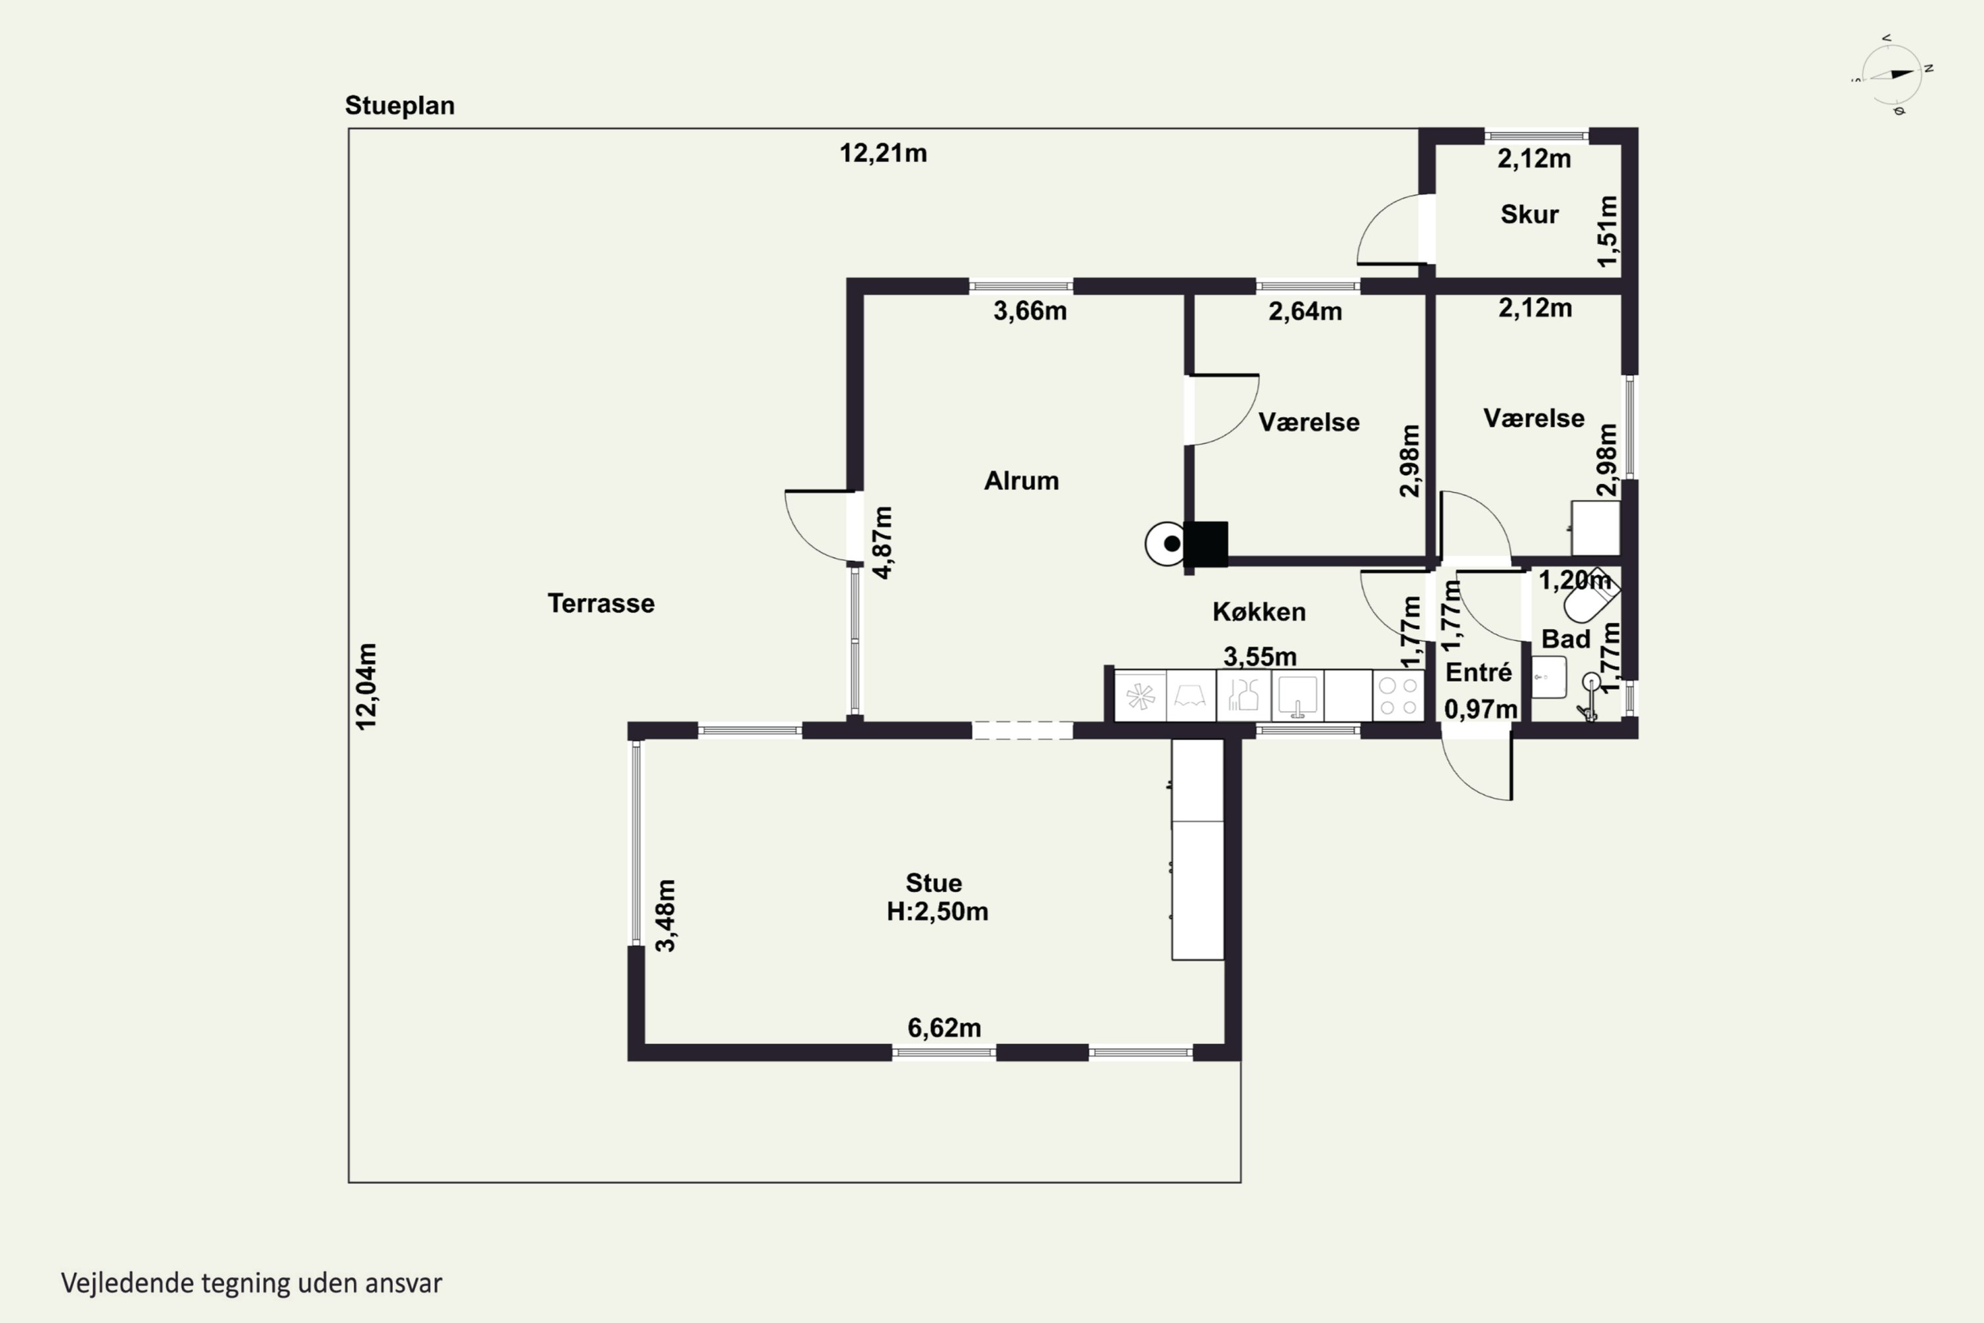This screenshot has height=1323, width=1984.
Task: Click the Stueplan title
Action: [400, 105]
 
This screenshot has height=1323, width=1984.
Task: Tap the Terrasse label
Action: [600, 603]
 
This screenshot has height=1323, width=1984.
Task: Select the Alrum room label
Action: [1022, 481]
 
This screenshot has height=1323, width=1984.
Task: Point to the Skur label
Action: [1529, 214]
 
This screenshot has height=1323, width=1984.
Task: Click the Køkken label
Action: [1259, 612]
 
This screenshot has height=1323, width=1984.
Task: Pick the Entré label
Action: [1479, 673]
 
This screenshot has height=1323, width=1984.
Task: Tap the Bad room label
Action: [1565, 639]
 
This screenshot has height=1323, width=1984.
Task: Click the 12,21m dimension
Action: [883, 153]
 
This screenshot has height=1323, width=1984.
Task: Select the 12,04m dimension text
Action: [367, 686]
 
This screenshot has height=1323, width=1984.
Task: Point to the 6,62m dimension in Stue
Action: [944, 1028]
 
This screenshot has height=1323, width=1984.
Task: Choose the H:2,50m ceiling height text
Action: [937, 912]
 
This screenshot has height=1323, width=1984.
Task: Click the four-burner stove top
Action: [1398, 696]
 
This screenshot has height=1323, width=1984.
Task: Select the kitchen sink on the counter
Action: [1298, 696]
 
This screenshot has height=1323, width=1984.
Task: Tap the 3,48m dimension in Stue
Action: [665, 916]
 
